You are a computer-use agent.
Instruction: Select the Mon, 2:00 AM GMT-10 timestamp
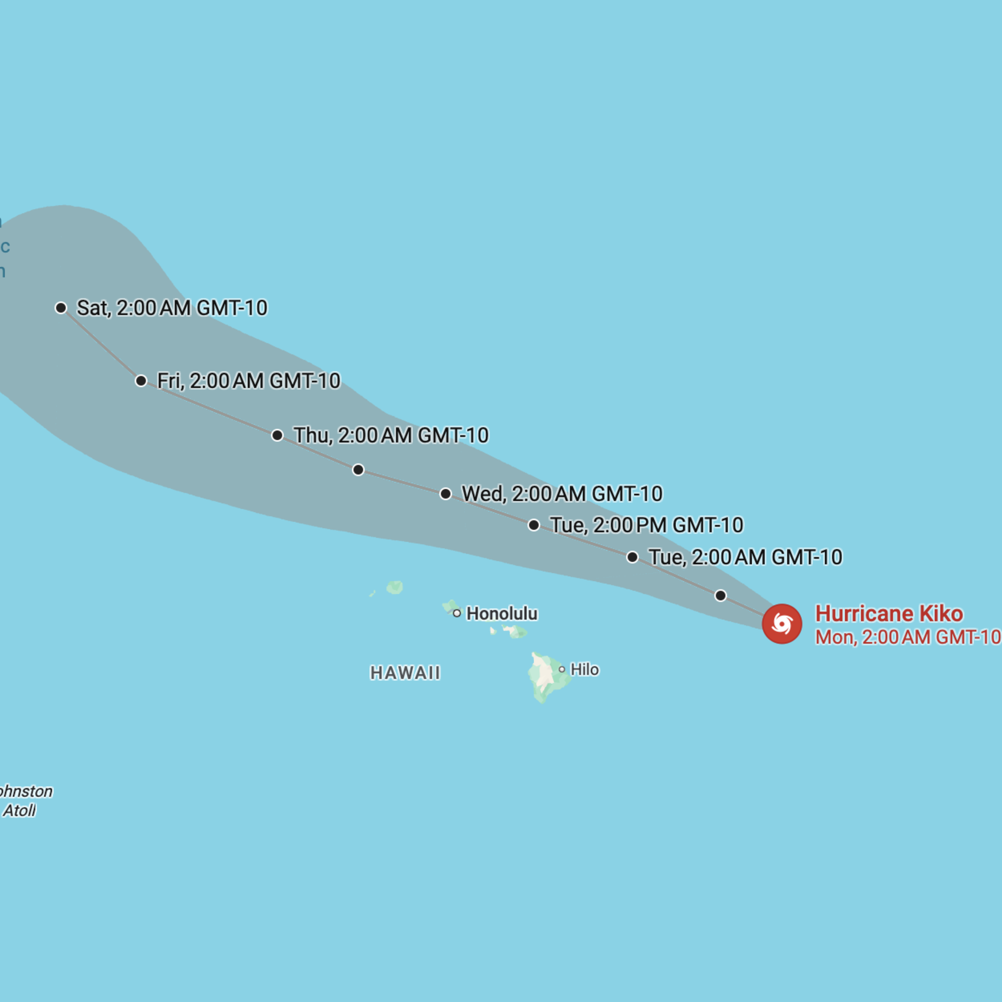click(x=908, y=637)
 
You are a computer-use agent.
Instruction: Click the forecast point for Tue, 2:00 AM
click(x=632, y=557)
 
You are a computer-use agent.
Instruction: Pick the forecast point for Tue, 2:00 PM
click(x=534, y=525)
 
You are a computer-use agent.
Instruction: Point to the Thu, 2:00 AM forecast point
click(x=277, y=435)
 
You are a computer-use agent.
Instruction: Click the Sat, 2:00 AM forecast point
click(x=61, y=308)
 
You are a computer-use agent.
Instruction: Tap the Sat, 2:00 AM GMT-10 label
click(x=172, y=308)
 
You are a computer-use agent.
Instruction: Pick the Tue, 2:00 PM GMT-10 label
click(x=647, y=525)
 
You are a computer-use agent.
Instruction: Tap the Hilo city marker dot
click(x=562, y=670)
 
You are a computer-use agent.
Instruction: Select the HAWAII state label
click(x=405, y=673)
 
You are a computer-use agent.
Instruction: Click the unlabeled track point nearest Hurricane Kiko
click(x=720, y=595)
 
